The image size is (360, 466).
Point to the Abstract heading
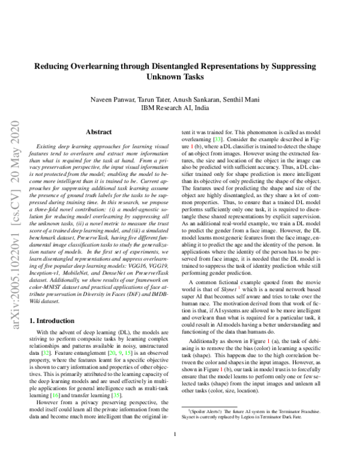pyautogui.click(x=98, y=131)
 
